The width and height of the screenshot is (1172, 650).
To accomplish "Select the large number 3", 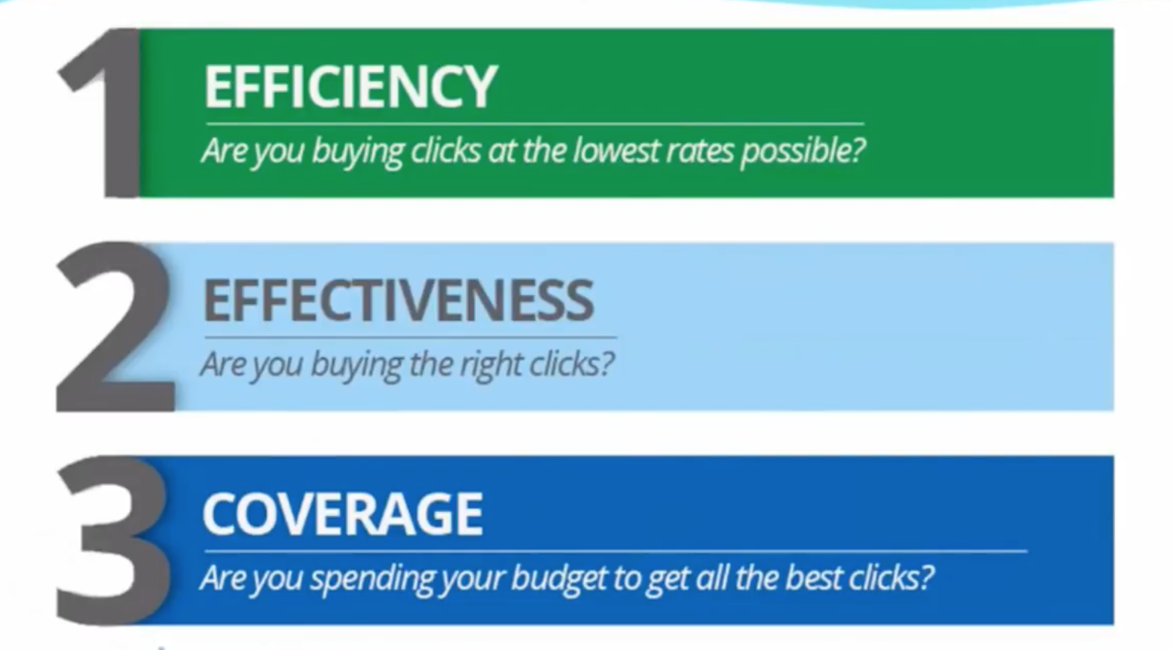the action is pos(113,540).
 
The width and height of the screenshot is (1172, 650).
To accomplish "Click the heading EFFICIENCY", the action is pos(350,86).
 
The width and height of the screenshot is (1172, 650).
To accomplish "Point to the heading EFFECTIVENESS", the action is pos(398,301).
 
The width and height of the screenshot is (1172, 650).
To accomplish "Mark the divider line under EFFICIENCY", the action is pos(535,124).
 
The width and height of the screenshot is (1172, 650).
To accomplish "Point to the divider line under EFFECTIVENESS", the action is pos(411,337).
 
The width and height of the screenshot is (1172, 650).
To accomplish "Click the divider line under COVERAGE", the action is pos(616,551).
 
